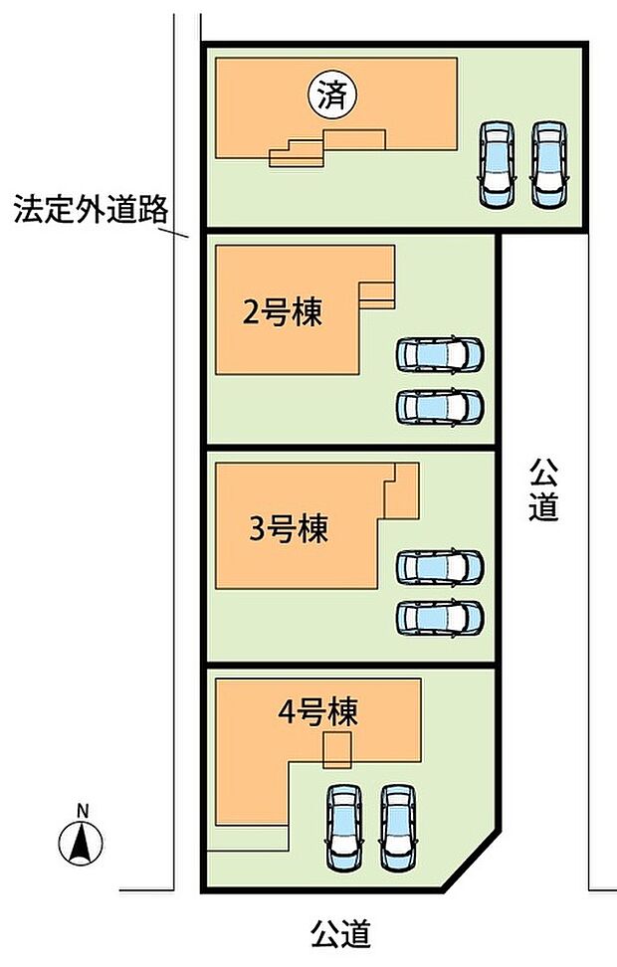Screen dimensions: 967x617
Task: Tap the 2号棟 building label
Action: point(283,314)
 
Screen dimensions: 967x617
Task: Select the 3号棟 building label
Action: point(288,529)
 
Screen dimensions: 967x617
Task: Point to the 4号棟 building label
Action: point(317,711)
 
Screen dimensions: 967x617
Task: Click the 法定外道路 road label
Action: point(91,210)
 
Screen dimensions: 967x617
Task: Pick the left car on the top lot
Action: point(497,164)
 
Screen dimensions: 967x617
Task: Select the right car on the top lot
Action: point(550,164)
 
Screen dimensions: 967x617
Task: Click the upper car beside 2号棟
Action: point(440,354)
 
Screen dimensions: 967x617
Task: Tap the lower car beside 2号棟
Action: point(440,406)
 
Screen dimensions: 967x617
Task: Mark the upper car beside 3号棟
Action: point(440,566)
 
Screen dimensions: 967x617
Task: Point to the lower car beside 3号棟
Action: point(440,617)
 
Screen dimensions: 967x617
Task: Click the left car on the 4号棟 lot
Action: point(343,825)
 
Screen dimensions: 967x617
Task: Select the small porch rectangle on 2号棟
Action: point(377,294)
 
